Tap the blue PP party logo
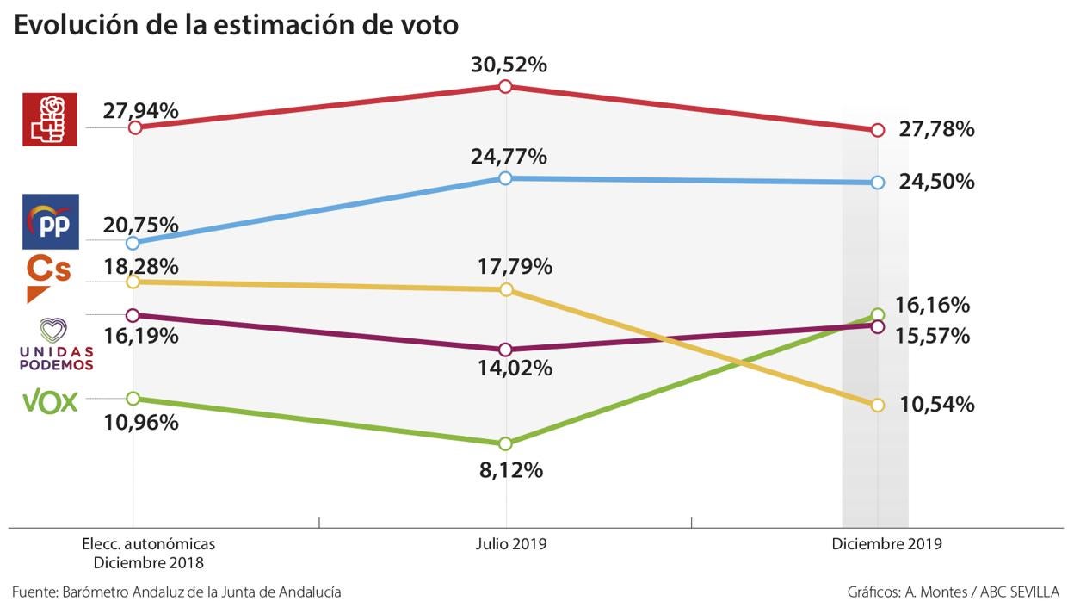click(51, 221)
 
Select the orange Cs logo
click(48, 277)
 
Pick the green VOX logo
click(50, 402)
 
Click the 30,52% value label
click(509, 64)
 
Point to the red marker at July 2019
click(506, 86)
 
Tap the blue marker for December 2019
click(877, 183)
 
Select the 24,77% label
click(509, 157)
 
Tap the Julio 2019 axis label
click(511, 544)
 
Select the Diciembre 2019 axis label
click(886, 544)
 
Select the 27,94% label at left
click(140, 110)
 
